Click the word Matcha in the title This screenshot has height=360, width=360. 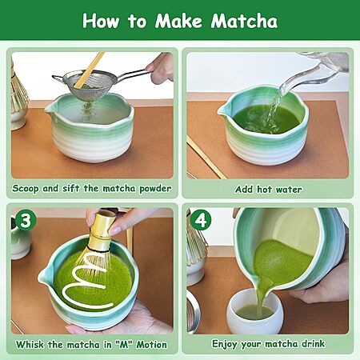(244, 21)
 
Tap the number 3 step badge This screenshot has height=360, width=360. (26, 220)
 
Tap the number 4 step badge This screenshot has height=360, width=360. (201, 220)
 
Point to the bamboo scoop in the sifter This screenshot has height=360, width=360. (89, 70)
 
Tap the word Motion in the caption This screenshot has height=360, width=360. (151, 345)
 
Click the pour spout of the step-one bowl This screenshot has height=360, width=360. (50, 109)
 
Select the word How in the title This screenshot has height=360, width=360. (101, 21)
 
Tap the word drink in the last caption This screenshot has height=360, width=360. (314, 343)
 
